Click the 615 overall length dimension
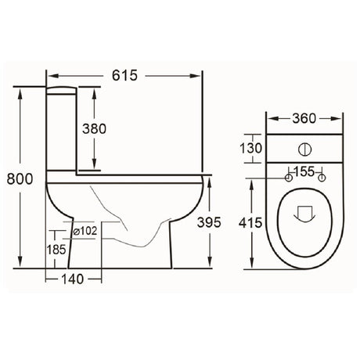tap(124, 76)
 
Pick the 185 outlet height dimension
tap(56, 251)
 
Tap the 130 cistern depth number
tap(250, 149)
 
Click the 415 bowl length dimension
tap(250, 223)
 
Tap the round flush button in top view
tap(304, 149)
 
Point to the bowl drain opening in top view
tap(304, 211)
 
